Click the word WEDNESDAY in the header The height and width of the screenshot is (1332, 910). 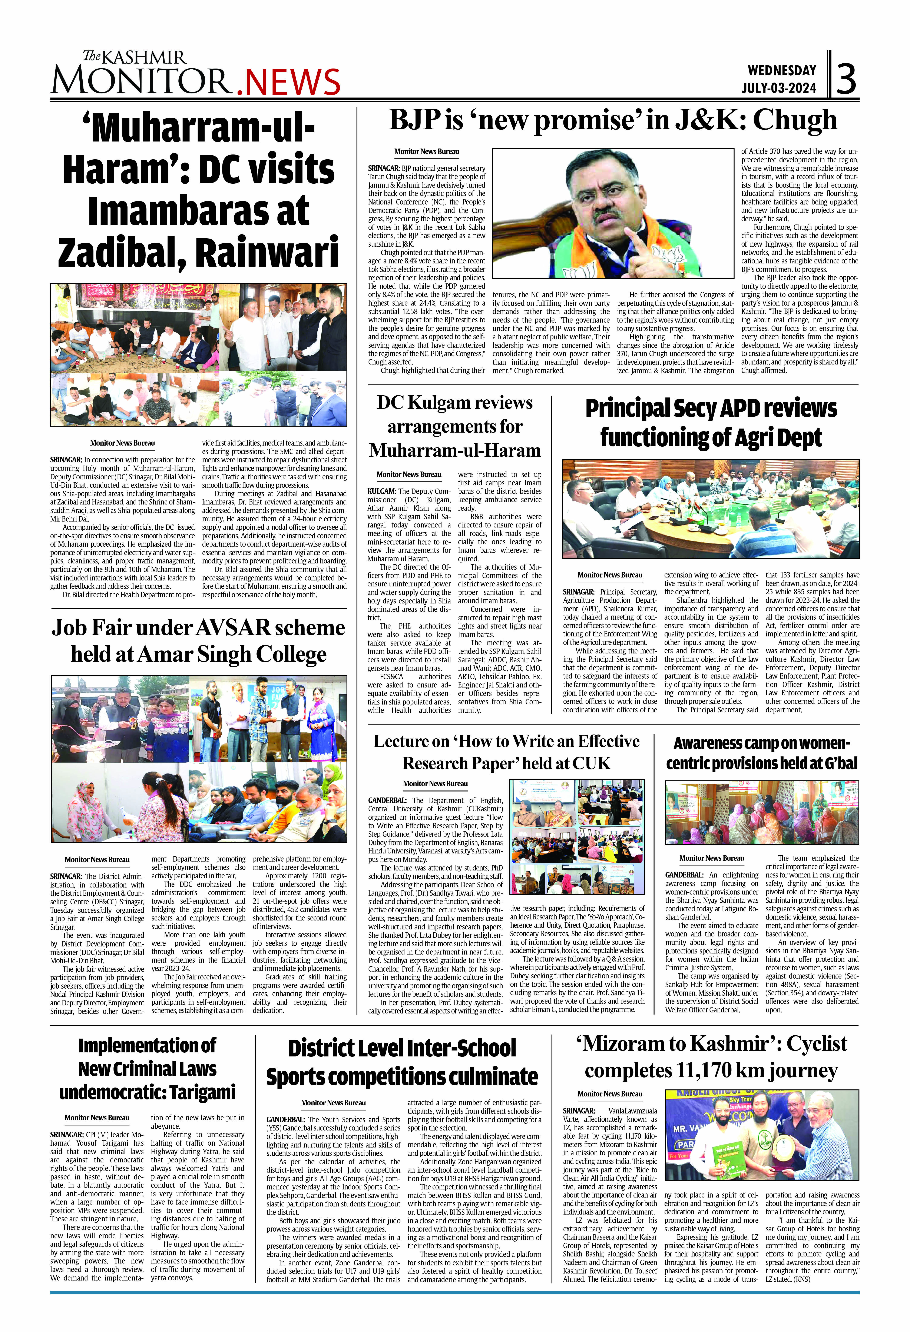tap(782, 70)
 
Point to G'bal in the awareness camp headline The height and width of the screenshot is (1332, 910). tap(838, 763)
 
